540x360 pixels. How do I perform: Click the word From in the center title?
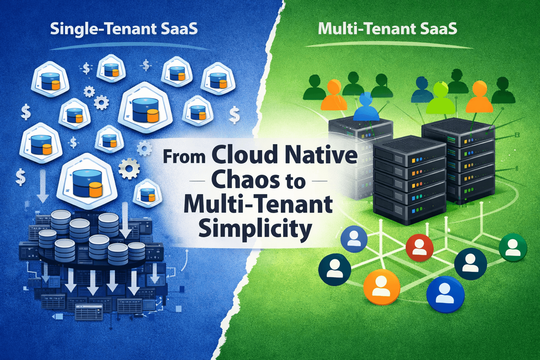(x=184, y=156)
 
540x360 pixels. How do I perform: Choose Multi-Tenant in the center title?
(x=258, y=205)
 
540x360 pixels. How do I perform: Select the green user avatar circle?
(x=513, y=247)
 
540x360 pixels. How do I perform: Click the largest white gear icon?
(x=129, y=168)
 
